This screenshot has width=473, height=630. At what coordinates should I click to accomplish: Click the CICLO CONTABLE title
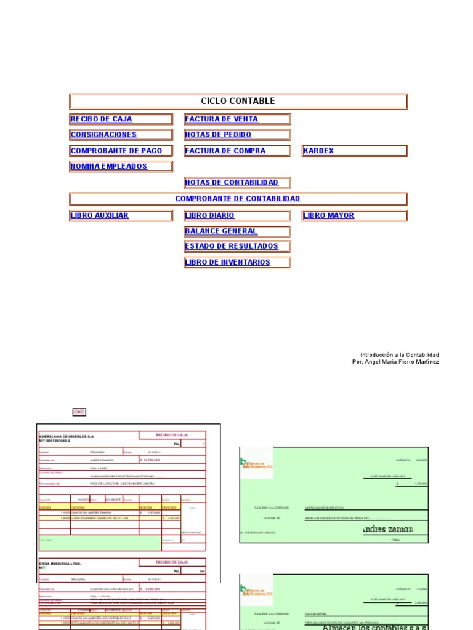238,102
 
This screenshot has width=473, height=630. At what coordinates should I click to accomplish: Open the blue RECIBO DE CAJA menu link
101,119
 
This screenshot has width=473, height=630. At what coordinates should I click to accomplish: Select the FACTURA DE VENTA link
221,119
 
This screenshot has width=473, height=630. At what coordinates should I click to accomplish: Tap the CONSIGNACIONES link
103,135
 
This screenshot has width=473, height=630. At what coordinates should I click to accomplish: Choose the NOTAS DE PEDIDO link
218,135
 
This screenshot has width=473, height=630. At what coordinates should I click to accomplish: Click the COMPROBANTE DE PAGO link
116,151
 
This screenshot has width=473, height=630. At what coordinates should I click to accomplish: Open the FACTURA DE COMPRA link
225,151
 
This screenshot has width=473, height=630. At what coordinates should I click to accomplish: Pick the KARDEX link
318,151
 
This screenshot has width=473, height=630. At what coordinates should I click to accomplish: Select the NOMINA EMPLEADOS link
109,167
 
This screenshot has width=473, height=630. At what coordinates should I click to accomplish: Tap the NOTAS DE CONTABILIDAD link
232,183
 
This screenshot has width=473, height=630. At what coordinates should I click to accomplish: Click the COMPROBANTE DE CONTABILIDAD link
238,199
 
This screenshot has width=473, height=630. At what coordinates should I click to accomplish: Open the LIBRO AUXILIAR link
100,216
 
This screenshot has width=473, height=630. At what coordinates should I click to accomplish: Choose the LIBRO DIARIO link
209,216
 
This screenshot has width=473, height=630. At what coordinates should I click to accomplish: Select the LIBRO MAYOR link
329,216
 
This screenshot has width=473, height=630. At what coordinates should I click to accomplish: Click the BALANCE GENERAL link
221,231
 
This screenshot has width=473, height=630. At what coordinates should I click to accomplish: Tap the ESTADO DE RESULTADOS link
232,246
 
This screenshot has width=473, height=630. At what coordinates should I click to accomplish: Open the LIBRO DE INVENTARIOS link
227,262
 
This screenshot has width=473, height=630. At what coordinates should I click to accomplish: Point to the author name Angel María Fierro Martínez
402,362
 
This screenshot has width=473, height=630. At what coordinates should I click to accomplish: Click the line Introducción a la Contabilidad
400,355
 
